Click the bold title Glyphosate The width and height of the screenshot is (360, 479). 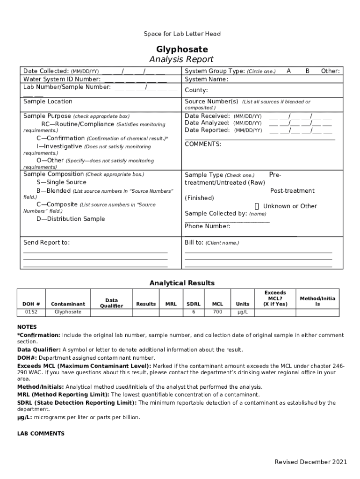(182, 50)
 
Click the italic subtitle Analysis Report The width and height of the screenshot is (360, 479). (181, 59)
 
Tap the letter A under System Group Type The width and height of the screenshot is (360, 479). (289, 71)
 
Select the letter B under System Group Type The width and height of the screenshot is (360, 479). (307, 71)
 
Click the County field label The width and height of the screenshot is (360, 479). (196, 90)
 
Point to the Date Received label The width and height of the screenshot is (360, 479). (207, 116)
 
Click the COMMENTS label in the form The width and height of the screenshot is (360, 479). (203, 144)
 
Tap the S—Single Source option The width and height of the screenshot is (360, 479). (61, 182)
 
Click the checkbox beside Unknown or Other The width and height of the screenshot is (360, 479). (257, 206)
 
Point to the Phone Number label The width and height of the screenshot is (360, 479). (208, 226)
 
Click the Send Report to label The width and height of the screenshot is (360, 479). (46, 243)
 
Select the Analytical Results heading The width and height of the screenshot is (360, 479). (182, 283)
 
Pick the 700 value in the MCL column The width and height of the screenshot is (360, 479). (217, 312)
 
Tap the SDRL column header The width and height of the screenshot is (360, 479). (194, 304)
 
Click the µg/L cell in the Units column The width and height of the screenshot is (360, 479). (243, 312)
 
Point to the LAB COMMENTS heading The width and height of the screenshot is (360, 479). (41, 434)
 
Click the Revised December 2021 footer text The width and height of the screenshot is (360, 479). (310, 462)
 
